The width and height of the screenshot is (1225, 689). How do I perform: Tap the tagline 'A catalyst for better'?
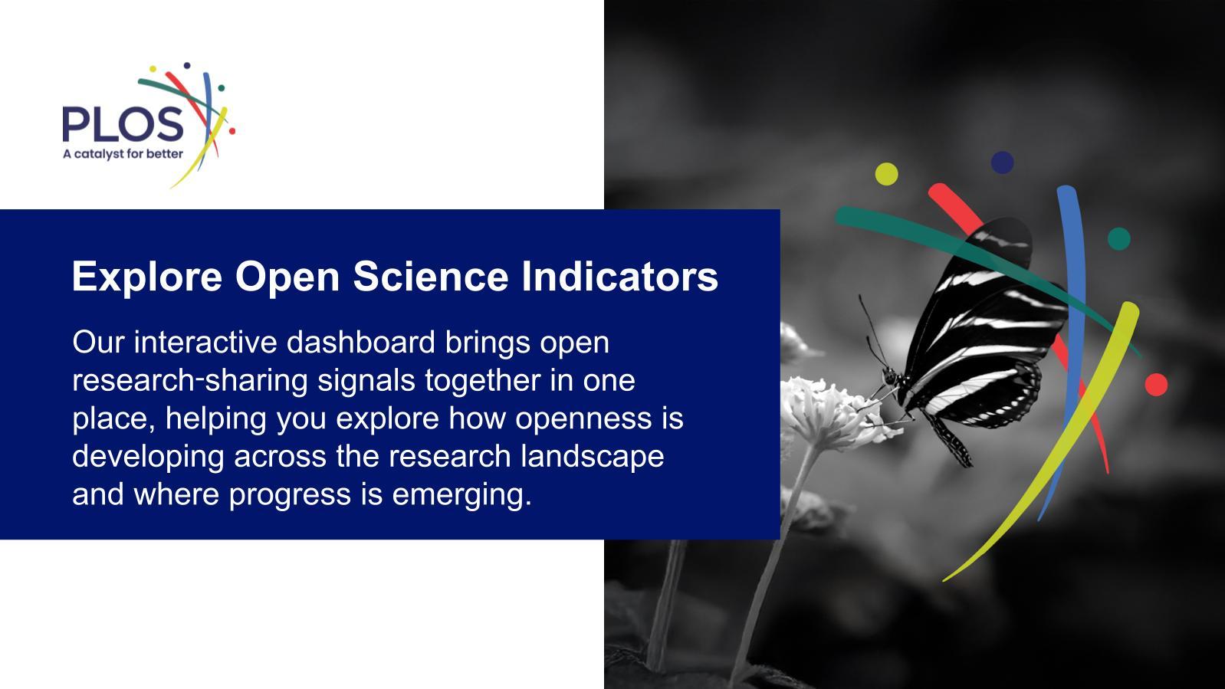(123, 154)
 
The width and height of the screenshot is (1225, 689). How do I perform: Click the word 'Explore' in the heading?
(147, 277)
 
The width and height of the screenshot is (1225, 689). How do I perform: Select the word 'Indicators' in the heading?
(619, 276)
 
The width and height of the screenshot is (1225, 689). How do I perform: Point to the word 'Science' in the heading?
(431, 276)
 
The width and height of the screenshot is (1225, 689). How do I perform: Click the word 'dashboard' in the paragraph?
(360, 343)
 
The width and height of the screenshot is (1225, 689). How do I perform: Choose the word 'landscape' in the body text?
(592, 457)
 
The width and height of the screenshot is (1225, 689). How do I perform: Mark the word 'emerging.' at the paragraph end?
(461, 495)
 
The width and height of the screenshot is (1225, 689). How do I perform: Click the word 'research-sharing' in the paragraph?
(190, 381)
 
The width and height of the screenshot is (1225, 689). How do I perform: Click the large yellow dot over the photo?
(886, 174)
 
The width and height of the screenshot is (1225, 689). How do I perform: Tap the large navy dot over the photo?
(1003, 162)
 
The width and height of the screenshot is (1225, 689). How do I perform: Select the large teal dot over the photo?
(1119, 239)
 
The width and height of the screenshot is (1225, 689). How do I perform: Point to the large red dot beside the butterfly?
(1156, 385)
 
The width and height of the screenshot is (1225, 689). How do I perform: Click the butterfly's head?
(890, 376)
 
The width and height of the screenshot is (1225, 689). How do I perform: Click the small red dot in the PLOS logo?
(232, 131)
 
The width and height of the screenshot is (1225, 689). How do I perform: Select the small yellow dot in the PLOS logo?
(153, 69)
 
